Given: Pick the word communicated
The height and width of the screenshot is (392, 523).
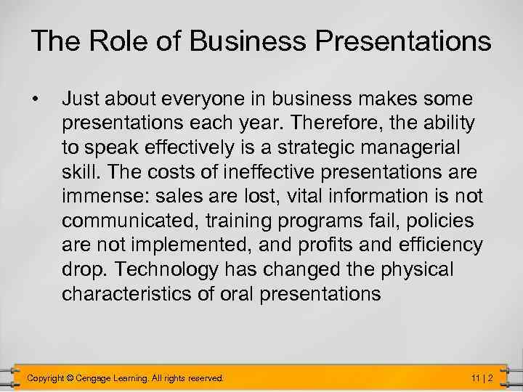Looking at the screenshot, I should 125,221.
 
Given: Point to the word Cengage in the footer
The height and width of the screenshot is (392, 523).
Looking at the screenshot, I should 100,378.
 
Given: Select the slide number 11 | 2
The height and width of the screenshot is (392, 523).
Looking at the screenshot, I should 482,378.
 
